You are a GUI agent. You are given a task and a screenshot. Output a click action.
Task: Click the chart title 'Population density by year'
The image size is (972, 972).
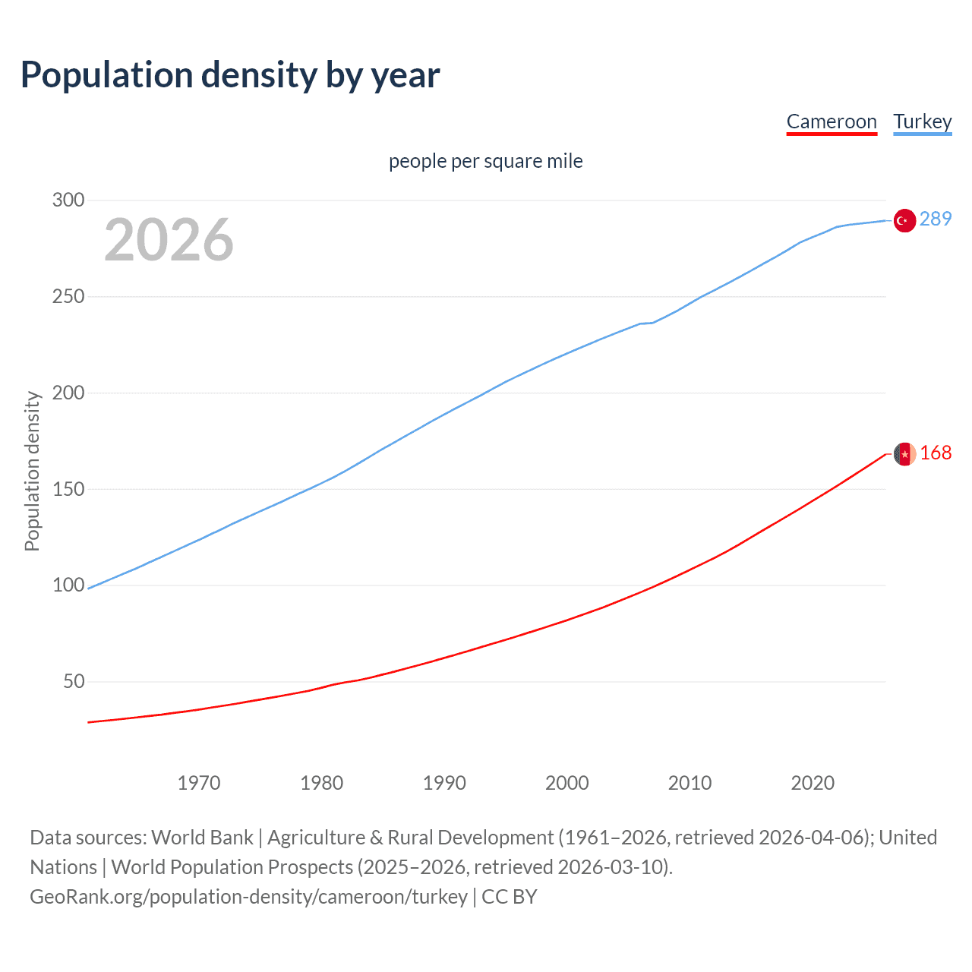[x=230, y=75]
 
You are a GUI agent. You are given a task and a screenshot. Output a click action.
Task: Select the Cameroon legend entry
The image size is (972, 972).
[x=832, y=121]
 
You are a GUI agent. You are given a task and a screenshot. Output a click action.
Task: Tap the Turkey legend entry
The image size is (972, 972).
[x=922, y=121]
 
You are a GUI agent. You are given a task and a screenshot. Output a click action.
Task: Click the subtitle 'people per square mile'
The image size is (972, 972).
[x=485, y=161]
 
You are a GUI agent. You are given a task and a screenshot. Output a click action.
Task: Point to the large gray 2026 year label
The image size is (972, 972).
[x=169, y=240]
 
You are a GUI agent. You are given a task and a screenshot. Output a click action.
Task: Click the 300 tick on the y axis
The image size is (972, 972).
[x=68, y=200]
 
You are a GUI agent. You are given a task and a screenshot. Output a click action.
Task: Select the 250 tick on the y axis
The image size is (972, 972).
[x=68, y=296]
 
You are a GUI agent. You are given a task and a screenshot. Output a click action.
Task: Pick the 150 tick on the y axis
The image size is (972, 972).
[x=68, y=489]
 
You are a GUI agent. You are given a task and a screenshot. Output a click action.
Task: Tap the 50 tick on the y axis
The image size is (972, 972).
[x=74, y=681]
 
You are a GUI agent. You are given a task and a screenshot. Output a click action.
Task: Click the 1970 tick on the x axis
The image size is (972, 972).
[x=199, y=783]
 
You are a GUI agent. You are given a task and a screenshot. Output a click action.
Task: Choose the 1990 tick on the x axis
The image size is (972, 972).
[x=444, y=783]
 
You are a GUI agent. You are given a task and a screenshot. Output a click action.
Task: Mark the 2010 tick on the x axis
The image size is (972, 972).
[x=690, y=783]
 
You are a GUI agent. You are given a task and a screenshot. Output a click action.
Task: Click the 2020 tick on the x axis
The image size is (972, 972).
[x=813, y=783]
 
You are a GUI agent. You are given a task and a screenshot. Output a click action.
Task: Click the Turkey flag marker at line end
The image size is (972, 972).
[x=904, y=220]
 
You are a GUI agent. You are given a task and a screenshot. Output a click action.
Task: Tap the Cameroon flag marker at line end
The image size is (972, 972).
[x=904, y=454]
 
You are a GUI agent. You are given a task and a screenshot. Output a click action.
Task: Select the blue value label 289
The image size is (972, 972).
[x=936, y=219]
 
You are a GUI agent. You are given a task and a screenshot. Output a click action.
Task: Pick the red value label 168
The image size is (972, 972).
[x=936, y=453]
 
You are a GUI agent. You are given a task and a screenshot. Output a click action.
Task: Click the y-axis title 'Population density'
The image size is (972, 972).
[x=32, y=471]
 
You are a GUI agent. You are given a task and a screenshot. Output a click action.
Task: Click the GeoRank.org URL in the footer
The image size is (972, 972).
[x=248, y=897]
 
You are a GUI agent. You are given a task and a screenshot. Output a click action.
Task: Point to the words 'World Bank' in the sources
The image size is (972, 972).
[x=202, y=838]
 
